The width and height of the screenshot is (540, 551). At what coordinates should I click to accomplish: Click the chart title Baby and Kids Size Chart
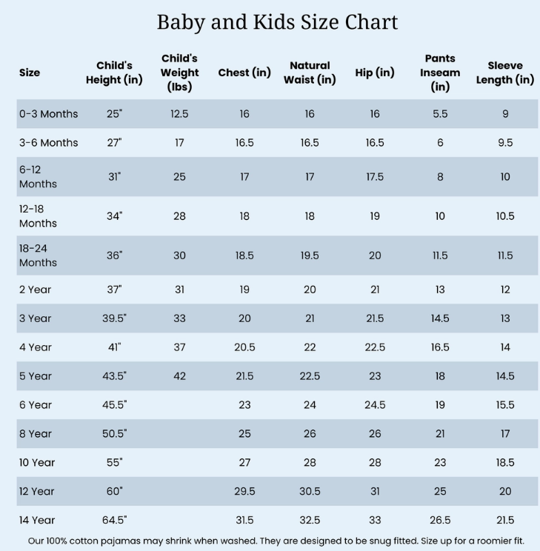[x=277, y=22]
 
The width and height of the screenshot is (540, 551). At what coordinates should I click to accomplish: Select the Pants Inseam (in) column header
[x=440, y=73]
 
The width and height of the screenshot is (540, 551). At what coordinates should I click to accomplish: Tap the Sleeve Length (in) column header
[x=504, y=73]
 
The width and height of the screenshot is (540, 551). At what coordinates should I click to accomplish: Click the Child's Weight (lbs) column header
[x=179, y=73]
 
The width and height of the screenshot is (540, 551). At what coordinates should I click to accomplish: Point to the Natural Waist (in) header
[x=310, y=73]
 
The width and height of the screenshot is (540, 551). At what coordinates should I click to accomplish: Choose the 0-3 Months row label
[x=48, y=114]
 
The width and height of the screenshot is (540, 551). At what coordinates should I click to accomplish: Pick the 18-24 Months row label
[x=38, y=256]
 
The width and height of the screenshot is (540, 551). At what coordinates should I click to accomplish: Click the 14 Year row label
[x=37, y=520]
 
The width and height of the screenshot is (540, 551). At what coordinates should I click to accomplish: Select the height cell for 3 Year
[x=114, y=318]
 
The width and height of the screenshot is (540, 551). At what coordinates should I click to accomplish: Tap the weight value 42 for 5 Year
[x=179, y=376]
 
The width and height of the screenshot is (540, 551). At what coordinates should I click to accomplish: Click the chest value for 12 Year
[x=244, y=492]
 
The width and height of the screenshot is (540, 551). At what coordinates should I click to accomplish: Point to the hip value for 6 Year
[x=375, y=405]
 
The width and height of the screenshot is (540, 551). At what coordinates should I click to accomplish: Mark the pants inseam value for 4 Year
[x=440, y=347]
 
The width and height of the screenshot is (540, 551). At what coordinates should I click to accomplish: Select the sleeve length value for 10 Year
[x=505, y=463]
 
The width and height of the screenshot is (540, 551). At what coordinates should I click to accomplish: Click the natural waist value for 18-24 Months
[x=310, y=256]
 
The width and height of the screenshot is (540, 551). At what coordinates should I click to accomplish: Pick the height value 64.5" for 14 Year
[x=114, y=520]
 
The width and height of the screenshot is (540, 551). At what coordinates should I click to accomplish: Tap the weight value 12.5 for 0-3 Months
[x=179, y=114]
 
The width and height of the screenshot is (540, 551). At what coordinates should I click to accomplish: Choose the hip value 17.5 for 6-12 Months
[x=375, y=177]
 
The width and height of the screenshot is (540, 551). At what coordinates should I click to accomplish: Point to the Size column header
[x=30, y=73]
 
